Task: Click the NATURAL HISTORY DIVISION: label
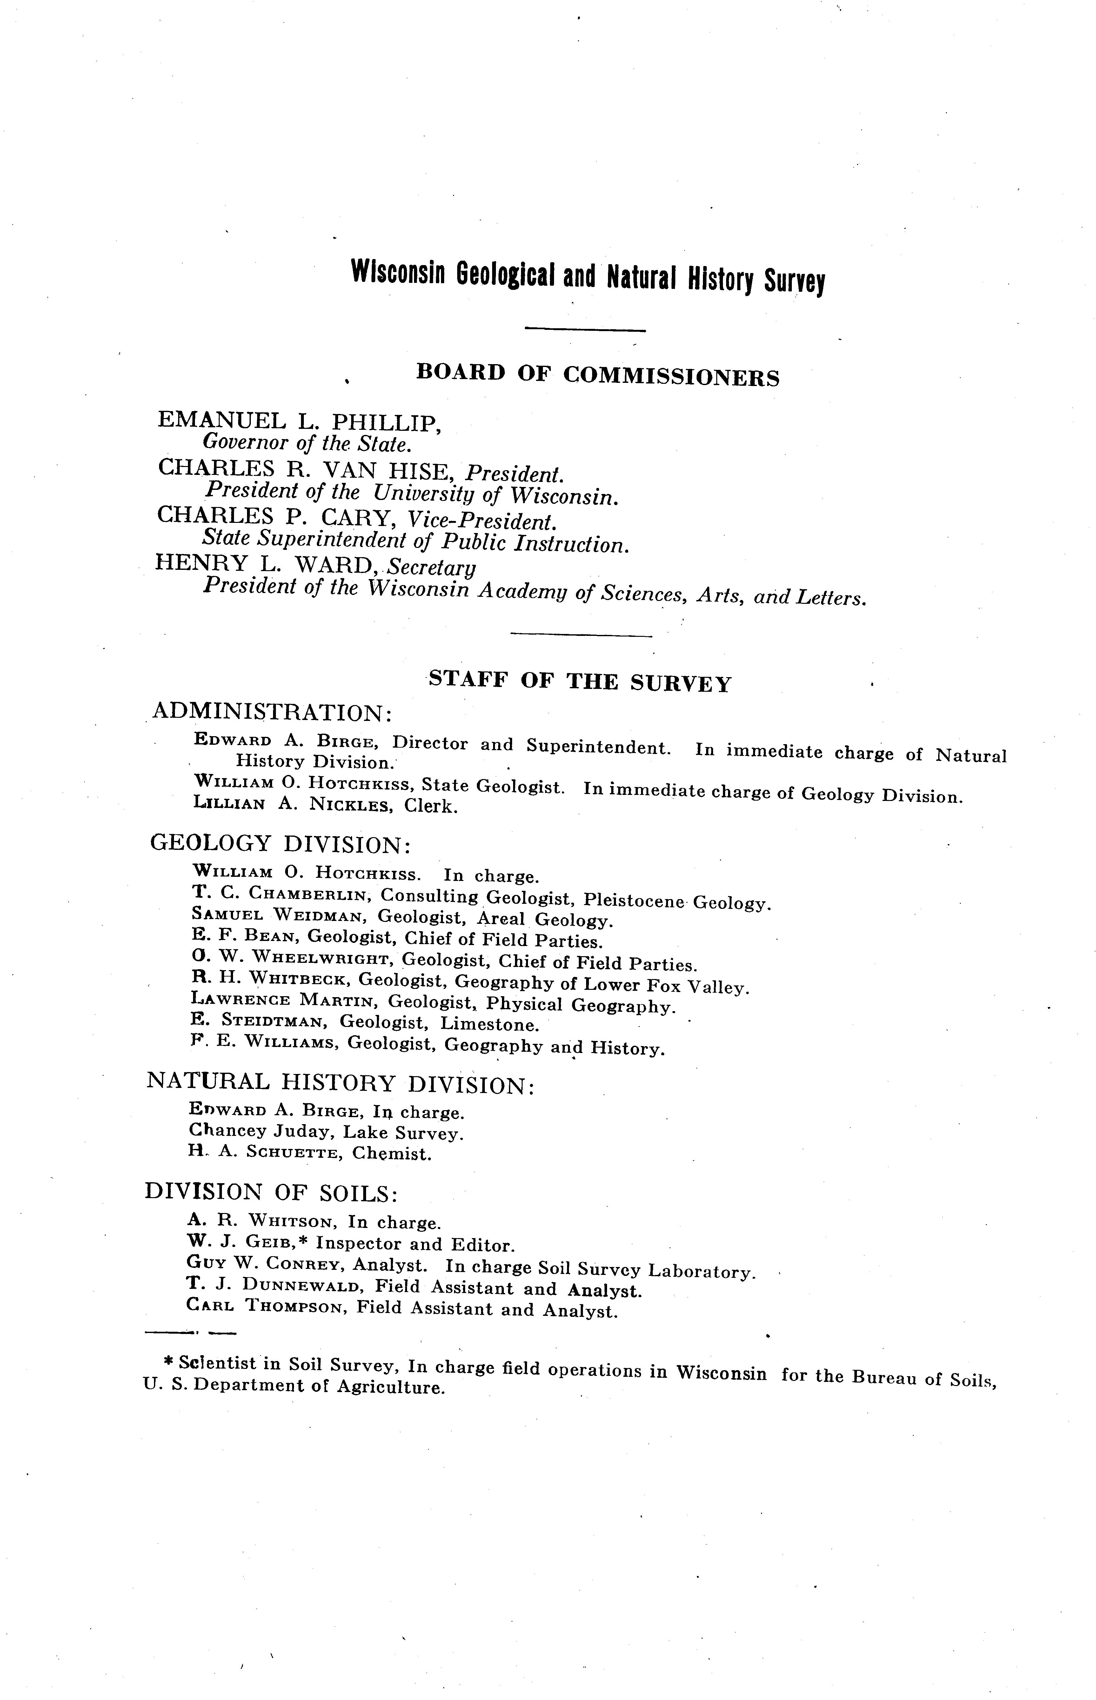pyautogui.click(x=340, y=1084)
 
